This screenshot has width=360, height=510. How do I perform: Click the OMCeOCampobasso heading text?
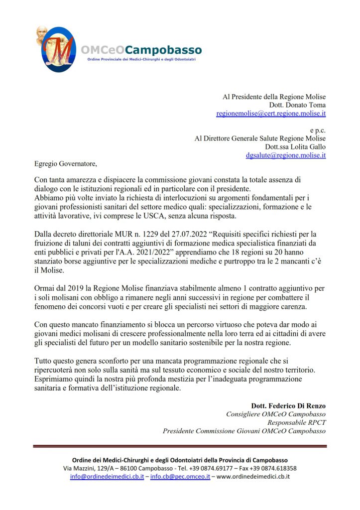click(141, 50)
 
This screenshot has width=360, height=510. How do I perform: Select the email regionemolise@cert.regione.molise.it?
click(271, 114)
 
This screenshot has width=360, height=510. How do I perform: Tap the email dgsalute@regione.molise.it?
click(286, 155)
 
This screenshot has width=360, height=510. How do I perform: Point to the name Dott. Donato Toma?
click(297, 105)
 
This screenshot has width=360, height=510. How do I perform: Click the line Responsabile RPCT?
click(296, 422)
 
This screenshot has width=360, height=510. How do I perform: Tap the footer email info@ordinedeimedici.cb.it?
click(107, 477)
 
